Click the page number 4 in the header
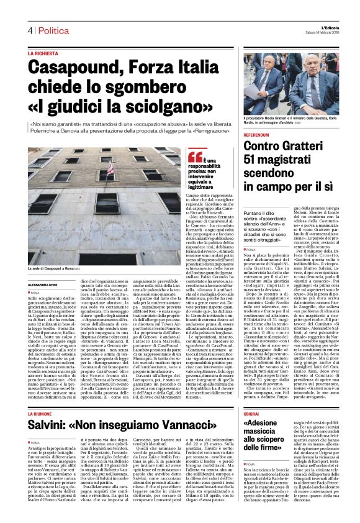click(x=29, y=30)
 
